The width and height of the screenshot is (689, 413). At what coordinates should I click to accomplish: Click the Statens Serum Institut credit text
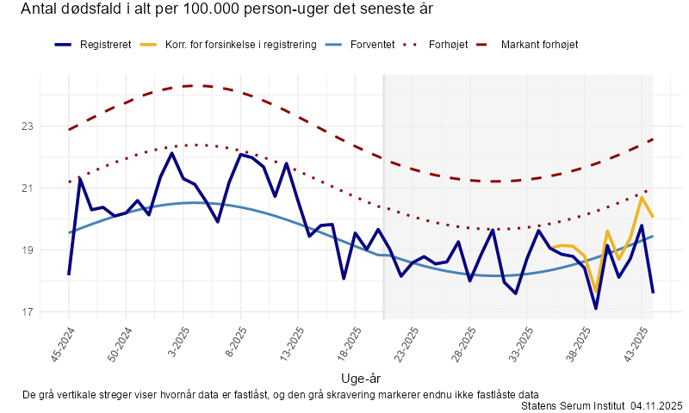coord(573,405)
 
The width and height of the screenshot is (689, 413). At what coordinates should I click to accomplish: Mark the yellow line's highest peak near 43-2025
coord(642,198)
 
